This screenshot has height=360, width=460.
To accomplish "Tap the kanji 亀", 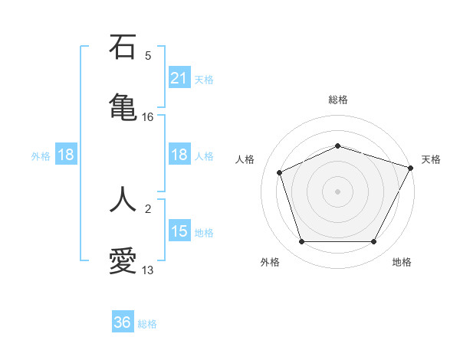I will coord(123,106).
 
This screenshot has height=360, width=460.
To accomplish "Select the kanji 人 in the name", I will coord(123,198).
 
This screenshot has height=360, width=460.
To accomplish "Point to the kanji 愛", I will coord(123,260).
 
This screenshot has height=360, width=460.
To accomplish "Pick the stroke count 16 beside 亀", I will coord(148,117).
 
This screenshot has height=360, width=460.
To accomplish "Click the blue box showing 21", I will coord(179,78).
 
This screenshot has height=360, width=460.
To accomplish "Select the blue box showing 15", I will coord(179,231).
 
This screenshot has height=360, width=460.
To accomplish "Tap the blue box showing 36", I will coord(123,322).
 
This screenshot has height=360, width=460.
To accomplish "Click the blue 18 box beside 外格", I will coord(66,155).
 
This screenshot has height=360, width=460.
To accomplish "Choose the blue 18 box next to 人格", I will coord(179,155).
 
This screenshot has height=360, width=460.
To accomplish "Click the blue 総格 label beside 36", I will coord(147,324).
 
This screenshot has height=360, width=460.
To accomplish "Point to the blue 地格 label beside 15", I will coord(204,233).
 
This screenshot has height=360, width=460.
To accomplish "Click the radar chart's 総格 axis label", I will coord(337,100).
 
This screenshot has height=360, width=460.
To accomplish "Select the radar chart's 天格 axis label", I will coord(431,159).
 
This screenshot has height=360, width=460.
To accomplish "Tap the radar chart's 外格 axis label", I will coord(270,262).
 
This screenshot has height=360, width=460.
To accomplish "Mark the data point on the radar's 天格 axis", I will coord(412,167).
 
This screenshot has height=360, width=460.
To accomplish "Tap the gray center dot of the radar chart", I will coord(337,191).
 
